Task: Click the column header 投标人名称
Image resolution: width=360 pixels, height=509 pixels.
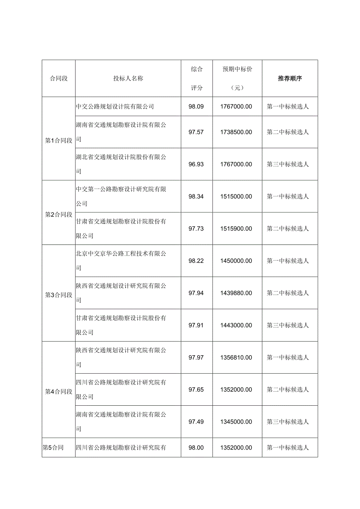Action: click(128, 78)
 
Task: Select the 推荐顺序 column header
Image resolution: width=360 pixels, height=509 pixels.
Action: click(290, 78)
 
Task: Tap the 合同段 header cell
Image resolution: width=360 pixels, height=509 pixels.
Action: click(59, 78)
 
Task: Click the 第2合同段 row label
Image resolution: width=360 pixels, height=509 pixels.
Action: click(59, 214)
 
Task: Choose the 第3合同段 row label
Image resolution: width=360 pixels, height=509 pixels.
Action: click(59, 295)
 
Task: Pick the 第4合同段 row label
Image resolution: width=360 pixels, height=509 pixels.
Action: click(59, 392)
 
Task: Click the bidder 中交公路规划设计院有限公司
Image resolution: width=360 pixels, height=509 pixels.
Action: click(115, 106)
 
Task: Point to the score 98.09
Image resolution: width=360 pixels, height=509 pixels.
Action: click(196, 106)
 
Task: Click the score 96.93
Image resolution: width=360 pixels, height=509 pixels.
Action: click(196, 164)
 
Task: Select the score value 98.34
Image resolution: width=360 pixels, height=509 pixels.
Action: click(196, 196)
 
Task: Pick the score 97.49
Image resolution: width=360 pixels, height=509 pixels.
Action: click(196, 422)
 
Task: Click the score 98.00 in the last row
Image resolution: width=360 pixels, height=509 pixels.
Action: click(196, 448)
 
